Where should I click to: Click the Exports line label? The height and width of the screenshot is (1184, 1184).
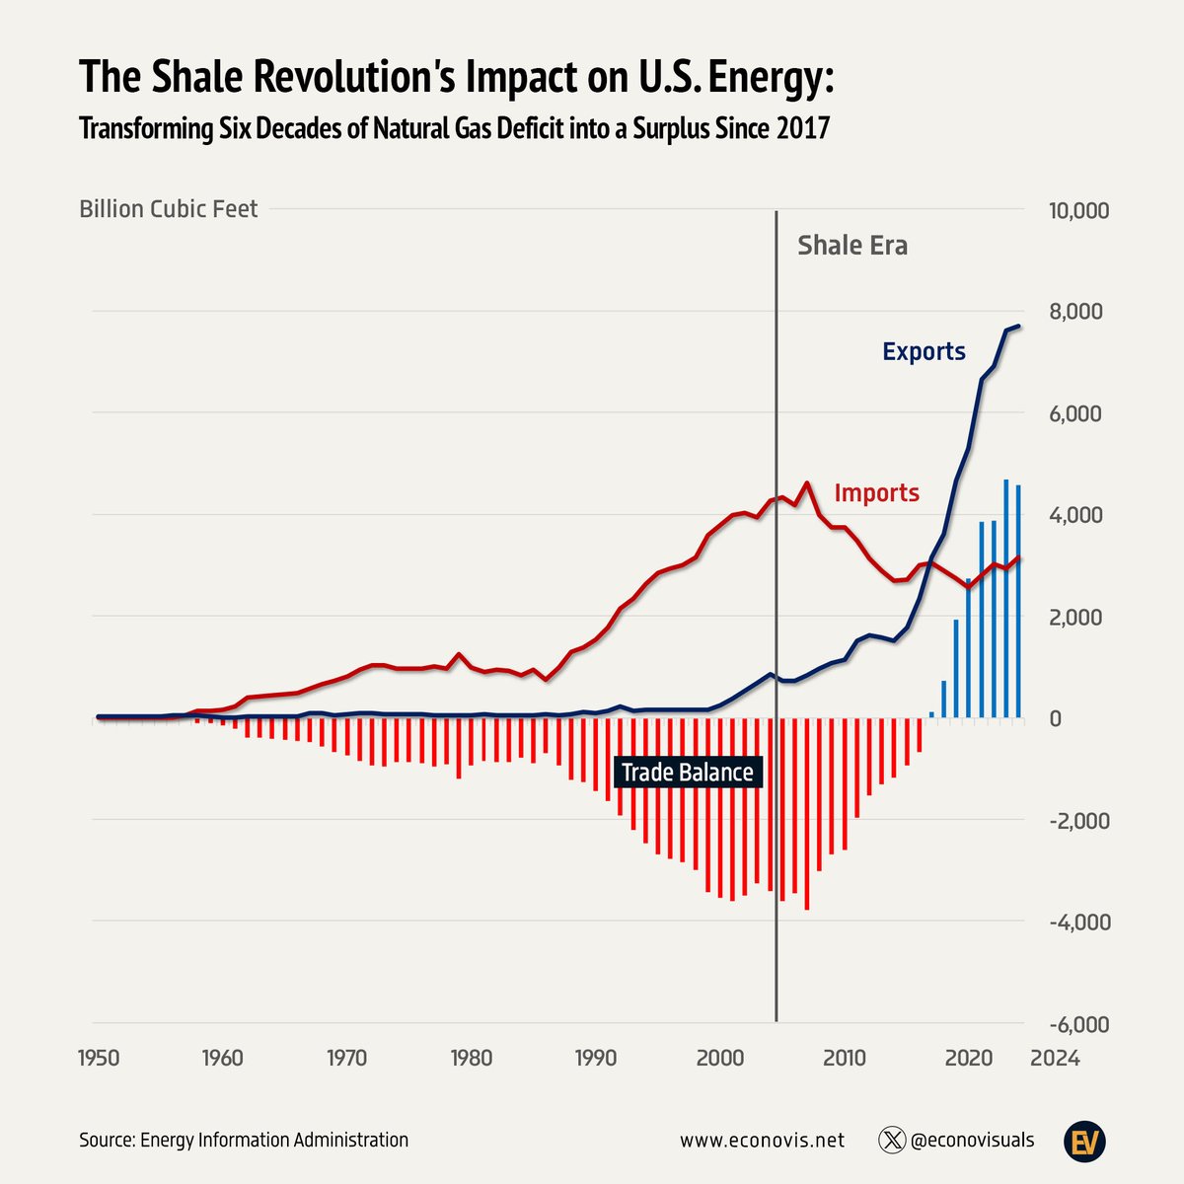[x=924, y=351]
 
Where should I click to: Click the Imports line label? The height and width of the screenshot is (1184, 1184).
[x=876, y=492]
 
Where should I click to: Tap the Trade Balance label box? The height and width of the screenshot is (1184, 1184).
[x=687, y=773]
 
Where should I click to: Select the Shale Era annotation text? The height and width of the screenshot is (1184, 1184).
[x=852, y=246]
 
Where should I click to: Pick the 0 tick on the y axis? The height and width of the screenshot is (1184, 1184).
[x=1055, y=719]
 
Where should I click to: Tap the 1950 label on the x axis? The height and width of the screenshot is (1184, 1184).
[x=99, y=1058]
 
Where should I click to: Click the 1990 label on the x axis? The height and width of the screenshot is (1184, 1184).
[x=596, y=1058]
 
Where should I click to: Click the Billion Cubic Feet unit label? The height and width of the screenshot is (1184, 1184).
[x=168, y=209]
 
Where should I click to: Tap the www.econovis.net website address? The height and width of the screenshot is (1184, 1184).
[x=762, y=1140]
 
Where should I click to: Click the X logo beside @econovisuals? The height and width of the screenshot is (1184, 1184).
[x=891, y=1140]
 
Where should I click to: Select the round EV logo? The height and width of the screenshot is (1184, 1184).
[x=1084, y=1142]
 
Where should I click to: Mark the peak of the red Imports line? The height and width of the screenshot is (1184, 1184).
[x=807, y=483]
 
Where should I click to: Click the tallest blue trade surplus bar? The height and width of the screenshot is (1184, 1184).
[x=1005, y=598]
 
